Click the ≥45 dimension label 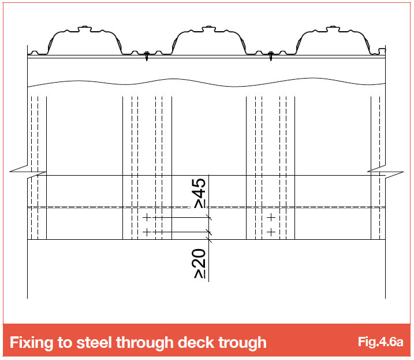(200, 194)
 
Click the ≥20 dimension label (200, 263)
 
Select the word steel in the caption (94, 343)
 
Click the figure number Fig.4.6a (381, 342)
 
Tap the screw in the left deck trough (147, 56)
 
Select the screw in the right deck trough (270, 56)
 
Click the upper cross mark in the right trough (271, 217)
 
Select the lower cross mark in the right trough (271, 232)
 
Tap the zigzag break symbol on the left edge (28, 171)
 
